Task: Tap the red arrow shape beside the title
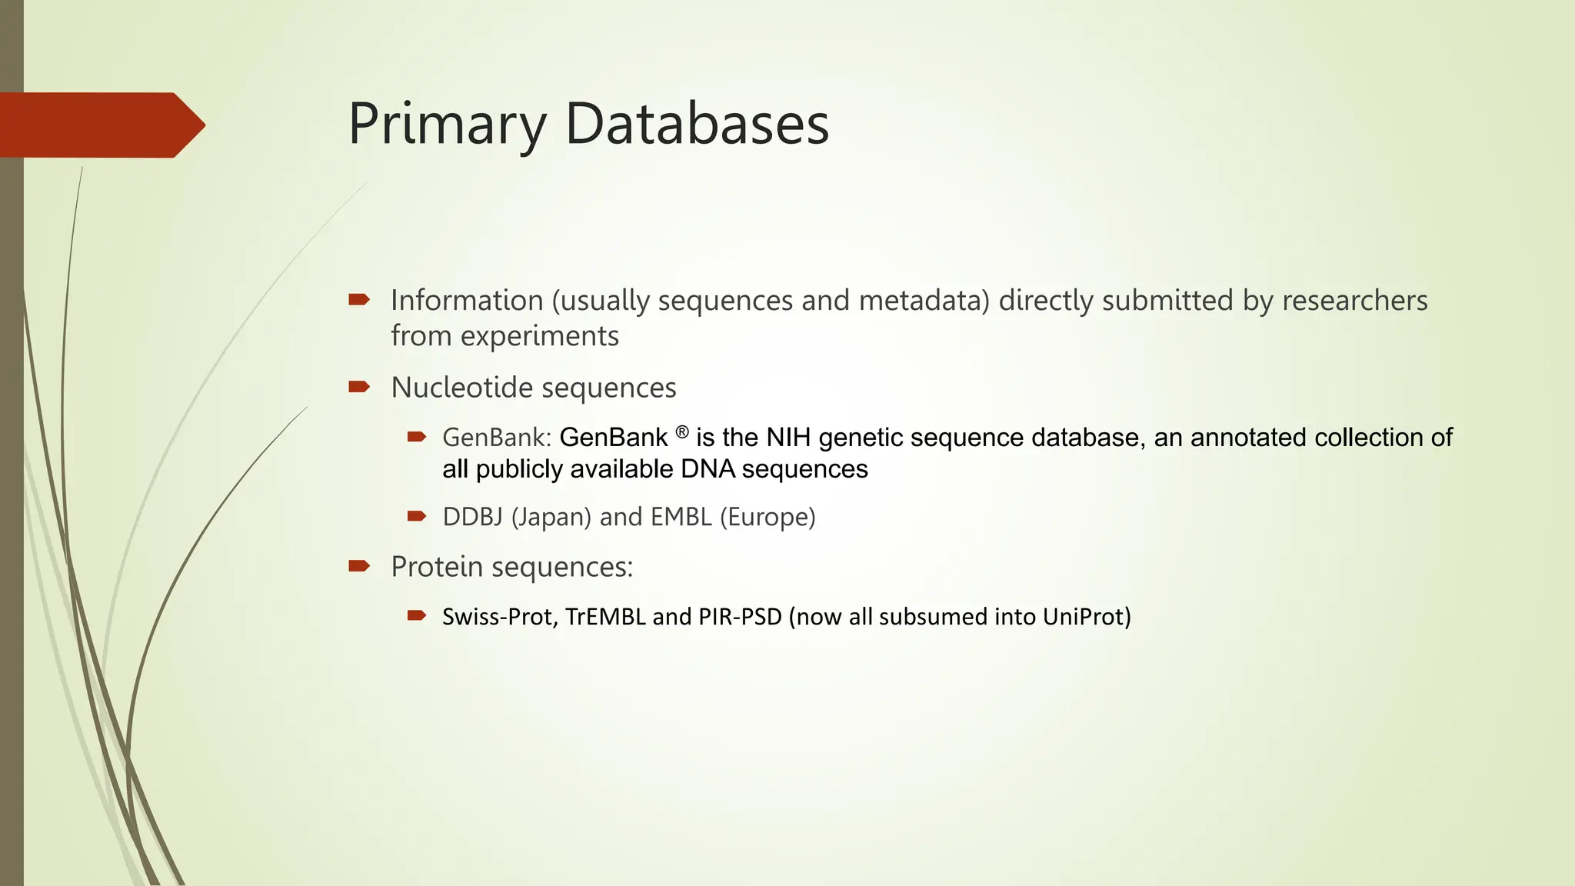pyautogui.click(x=100, y=125)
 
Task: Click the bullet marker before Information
pyautogui.click(x=359, y=299)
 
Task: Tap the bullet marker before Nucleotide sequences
pyautogui.click(x=359, y=386)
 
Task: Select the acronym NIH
pyautogui.click(x=788, y=438)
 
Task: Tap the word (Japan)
pyautogui.click(x=551, y=517)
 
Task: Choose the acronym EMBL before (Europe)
pyautogui.click(x=681, y=517)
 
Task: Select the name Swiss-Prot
pyautogui.click(x=500, y=617)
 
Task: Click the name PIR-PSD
pyautogui.click(x=740, y=617)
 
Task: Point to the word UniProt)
pyautogui.click(x=1087, y=617)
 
